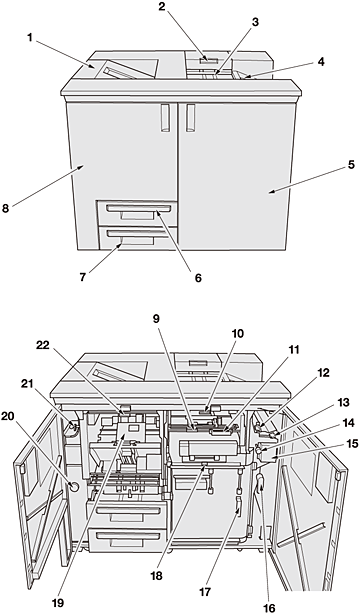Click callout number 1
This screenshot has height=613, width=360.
30,38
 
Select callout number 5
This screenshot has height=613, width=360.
351,165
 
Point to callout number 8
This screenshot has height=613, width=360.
5,208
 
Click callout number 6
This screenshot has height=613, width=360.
198,278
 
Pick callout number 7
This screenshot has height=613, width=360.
82,277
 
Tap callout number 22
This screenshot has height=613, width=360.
43,346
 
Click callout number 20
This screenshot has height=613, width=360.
7,417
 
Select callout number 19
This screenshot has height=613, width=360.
57,603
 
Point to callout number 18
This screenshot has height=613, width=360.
156,576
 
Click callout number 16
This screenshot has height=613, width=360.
269,608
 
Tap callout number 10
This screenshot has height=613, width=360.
238,333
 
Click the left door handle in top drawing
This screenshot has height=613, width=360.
165,118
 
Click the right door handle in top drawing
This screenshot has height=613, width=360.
190,118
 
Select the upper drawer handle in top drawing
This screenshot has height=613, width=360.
138,208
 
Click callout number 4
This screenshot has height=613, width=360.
321,62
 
